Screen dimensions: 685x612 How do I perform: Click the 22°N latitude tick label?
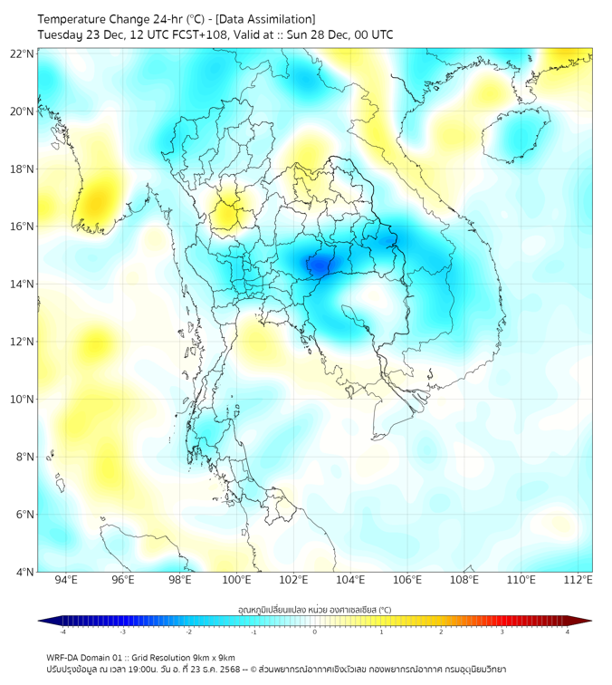23,53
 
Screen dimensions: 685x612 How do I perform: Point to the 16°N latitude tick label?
23,227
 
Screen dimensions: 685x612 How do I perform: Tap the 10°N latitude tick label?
23,400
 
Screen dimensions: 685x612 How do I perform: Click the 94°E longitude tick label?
66,580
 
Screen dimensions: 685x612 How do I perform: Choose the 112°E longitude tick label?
578,580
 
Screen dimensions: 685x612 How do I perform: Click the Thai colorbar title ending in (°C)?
314,609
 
